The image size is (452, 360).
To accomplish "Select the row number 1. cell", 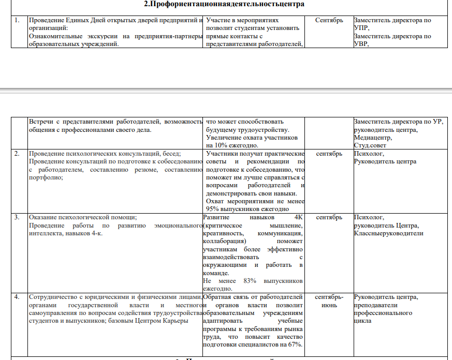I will [18, 21].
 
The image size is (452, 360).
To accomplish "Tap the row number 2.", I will [18, 154].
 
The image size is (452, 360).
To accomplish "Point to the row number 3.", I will [18, 218].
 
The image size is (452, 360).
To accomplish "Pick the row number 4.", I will [18, 297].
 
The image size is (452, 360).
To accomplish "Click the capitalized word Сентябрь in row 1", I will [329, 21].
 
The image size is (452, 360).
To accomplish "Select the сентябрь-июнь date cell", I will [329, 301].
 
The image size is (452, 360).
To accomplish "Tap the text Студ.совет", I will [371, 146].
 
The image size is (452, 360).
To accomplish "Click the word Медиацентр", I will [373, 138].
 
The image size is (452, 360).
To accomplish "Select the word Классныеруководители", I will [388, 233].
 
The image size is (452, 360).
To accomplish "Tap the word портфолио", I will [45, 177].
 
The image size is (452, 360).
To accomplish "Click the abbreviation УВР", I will [361, 44].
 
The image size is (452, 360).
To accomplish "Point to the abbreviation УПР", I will [361, 28].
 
